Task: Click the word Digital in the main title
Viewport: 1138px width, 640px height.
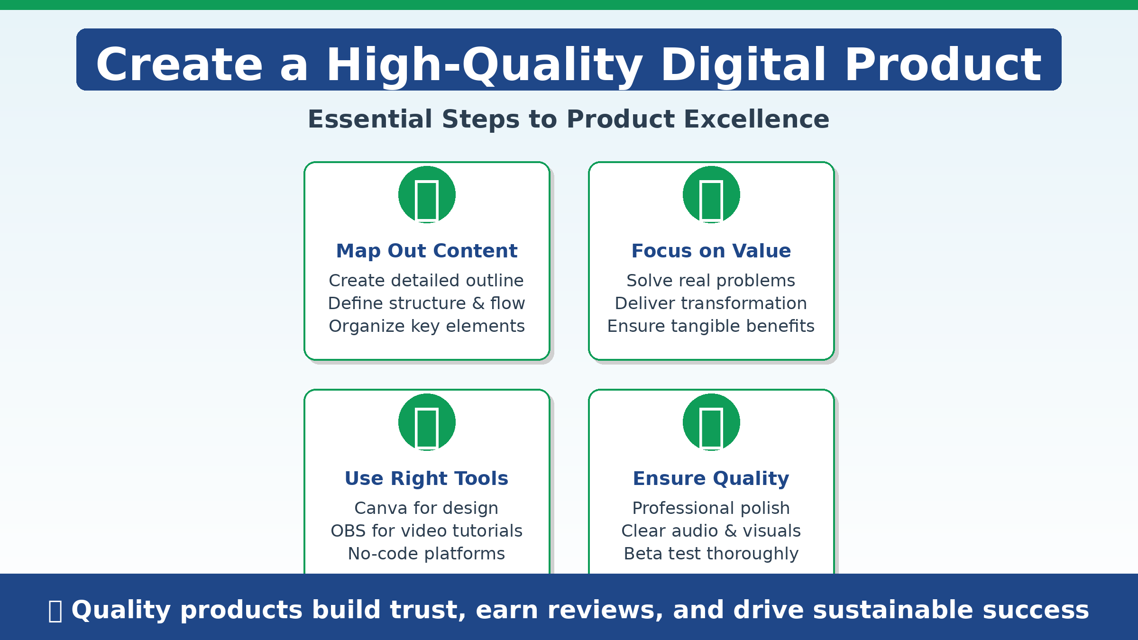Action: coord(743,65)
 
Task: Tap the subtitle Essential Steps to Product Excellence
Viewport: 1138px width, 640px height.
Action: coord(569,119)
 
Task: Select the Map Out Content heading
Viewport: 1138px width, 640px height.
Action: coord(427,251)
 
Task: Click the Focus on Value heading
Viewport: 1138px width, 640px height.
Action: coord(711,251)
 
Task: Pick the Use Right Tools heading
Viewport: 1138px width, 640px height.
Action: coord(427,478)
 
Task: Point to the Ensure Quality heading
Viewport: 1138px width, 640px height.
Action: coord(711,479)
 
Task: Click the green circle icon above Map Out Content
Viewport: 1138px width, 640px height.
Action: coord(427,194)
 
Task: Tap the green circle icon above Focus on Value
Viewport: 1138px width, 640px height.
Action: coord(711,194)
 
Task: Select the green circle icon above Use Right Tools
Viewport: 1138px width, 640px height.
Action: coord(427,422)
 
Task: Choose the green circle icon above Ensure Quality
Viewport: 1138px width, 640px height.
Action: coord(711,422)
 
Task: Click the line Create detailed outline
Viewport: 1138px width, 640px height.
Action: coord(426,281)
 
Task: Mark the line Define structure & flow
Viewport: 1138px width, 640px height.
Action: coord(427,303)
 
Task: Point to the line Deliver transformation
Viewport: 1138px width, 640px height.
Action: coord(711,303)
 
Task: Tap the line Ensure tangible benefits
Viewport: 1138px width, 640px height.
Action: coord(711,326)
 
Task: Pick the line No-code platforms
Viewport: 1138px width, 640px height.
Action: coord(427,554)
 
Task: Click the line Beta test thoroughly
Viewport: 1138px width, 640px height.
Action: coord(711,554)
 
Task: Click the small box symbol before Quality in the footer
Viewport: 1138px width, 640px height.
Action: coord(55,611)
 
